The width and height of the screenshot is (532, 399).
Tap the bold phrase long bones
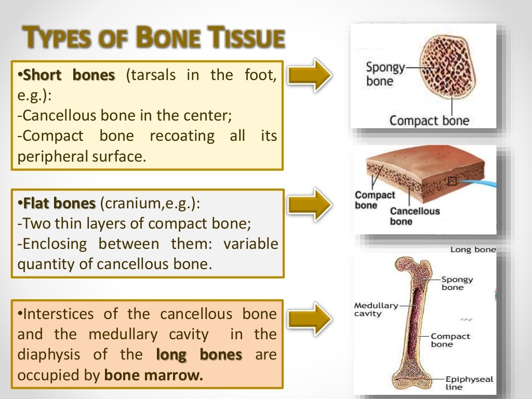(x=199, y=355)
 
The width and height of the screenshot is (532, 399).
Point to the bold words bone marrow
(x=154, y=375)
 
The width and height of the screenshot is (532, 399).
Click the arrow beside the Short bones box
(x=310, y=76)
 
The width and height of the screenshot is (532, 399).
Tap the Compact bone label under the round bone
(x=429, y=121)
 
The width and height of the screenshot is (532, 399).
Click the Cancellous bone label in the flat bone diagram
(x=415, y=216)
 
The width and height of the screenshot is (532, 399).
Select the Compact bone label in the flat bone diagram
(x=375, y=200)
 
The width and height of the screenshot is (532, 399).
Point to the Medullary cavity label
(x=376, y=310)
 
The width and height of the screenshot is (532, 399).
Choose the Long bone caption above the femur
(x=473, y=250)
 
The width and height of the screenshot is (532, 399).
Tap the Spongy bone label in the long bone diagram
(x=457, y=283)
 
